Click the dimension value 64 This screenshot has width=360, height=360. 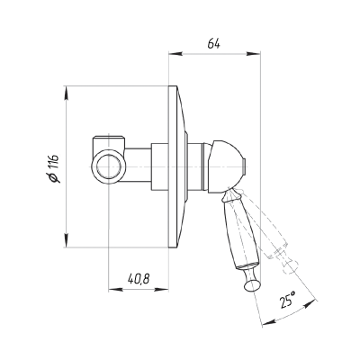click(x=214, y=44)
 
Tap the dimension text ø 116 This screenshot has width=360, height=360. click(x=54, y=168)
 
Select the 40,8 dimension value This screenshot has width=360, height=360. click(x=139, y=279)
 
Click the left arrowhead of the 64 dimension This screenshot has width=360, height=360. click(x=175, y=54)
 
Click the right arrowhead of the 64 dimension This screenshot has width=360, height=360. click(x=253, y=54)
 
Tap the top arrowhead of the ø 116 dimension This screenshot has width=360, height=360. click(x=67, y=94)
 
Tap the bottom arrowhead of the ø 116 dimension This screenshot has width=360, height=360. click(x=67, y=240)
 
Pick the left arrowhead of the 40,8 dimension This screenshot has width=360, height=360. click(x=115, y=290)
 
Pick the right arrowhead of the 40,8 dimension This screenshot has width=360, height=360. click(x=162, y=290)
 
